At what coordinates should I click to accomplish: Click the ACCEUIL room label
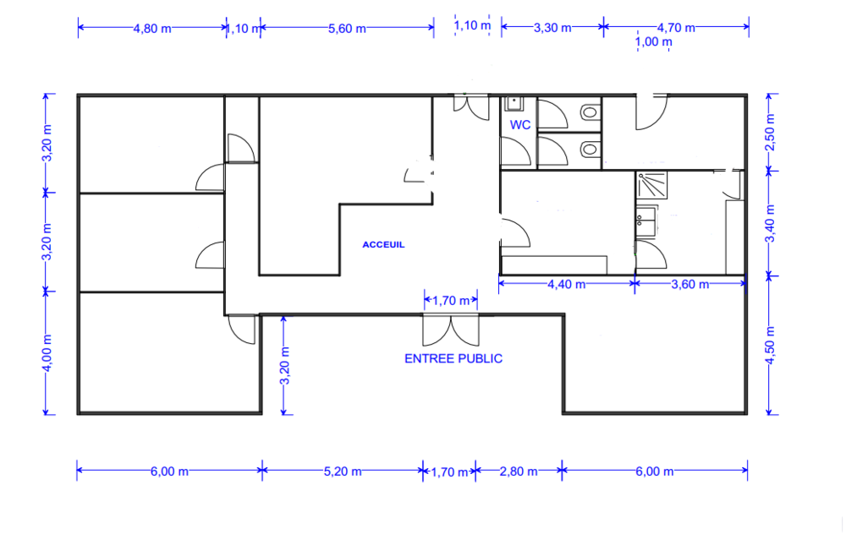pos(383,244)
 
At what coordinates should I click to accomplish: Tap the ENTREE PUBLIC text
pos(453,358)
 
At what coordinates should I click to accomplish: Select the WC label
pos(520,125)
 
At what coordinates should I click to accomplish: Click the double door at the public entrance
pos(451,330)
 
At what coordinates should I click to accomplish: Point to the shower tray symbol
pos(651,185)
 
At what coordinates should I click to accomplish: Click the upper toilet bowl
pos(590,112)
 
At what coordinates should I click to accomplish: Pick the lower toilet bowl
pos(590,148)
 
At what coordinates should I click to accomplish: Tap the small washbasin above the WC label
pos(514,103)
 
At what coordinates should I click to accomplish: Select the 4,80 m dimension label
pos(152,29)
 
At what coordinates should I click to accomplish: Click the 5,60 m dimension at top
pos(347,29)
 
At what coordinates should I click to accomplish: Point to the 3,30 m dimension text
pos(552,28)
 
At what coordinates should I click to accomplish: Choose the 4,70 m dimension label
pos(676,28)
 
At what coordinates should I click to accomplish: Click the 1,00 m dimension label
pos(653,41)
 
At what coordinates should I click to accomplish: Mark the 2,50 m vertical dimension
pos(771,133)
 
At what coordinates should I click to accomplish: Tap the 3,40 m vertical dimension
pos(771,223)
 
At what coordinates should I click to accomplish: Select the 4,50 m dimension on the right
pos(771,346)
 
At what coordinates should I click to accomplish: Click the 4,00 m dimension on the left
pos(47,353)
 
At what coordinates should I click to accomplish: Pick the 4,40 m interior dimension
pos(567,284)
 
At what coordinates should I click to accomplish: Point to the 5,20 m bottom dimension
pos(343,471)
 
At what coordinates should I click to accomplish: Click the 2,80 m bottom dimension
pos(519,471)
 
